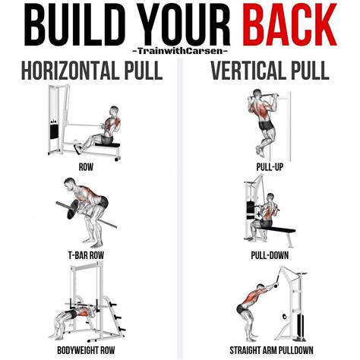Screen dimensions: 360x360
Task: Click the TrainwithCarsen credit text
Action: (x=180, y=52)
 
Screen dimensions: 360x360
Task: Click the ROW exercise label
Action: (x=85, y=165)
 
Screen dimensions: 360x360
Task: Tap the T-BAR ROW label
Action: (x=85, y=256)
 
